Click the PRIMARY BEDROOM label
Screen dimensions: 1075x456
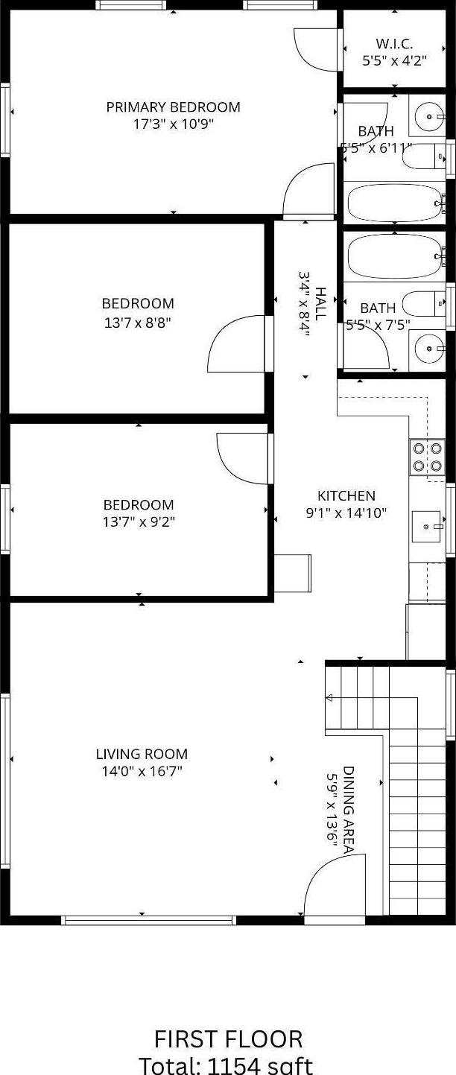[173, 107]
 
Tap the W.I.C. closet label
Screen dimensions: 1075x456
[394, 44]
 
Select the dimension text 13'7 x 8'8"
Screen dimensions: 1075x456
[138, 323]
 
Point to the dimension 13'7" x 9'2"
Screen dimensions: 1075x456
[139, 522]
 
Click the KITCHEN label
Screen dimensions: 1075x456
[346, 496]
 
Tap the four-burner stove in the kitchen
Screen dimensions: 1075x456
[427, 457]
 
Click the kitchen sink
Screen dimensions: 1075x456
[427, 526]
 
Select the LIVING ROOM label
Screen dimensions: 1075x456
[142, 754]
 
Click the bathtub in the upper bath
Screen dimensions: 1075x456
[395, 202]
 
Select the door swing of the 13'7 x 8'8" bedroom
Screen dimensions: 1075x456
[236, 344]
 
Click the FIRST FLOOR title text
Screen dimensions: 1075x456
[228, 1039]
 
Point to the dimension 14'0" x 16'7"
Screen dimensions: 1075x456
[142, 772]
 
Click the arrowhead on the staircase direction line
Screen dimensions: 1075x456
[329, 698]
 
